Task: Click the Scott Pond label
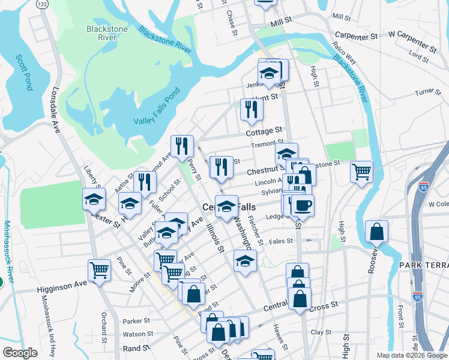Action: click(25, 71)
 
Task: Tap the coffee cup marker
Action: click(302, 205)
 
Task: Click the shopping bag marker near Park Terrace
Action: click(376, 232)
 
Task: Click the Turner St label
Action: click(428, 92)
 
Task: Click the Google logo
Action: click(20, 353)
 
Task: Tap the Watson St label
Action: click(138, 334)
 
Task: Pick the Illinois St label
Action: click(214, 238)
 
